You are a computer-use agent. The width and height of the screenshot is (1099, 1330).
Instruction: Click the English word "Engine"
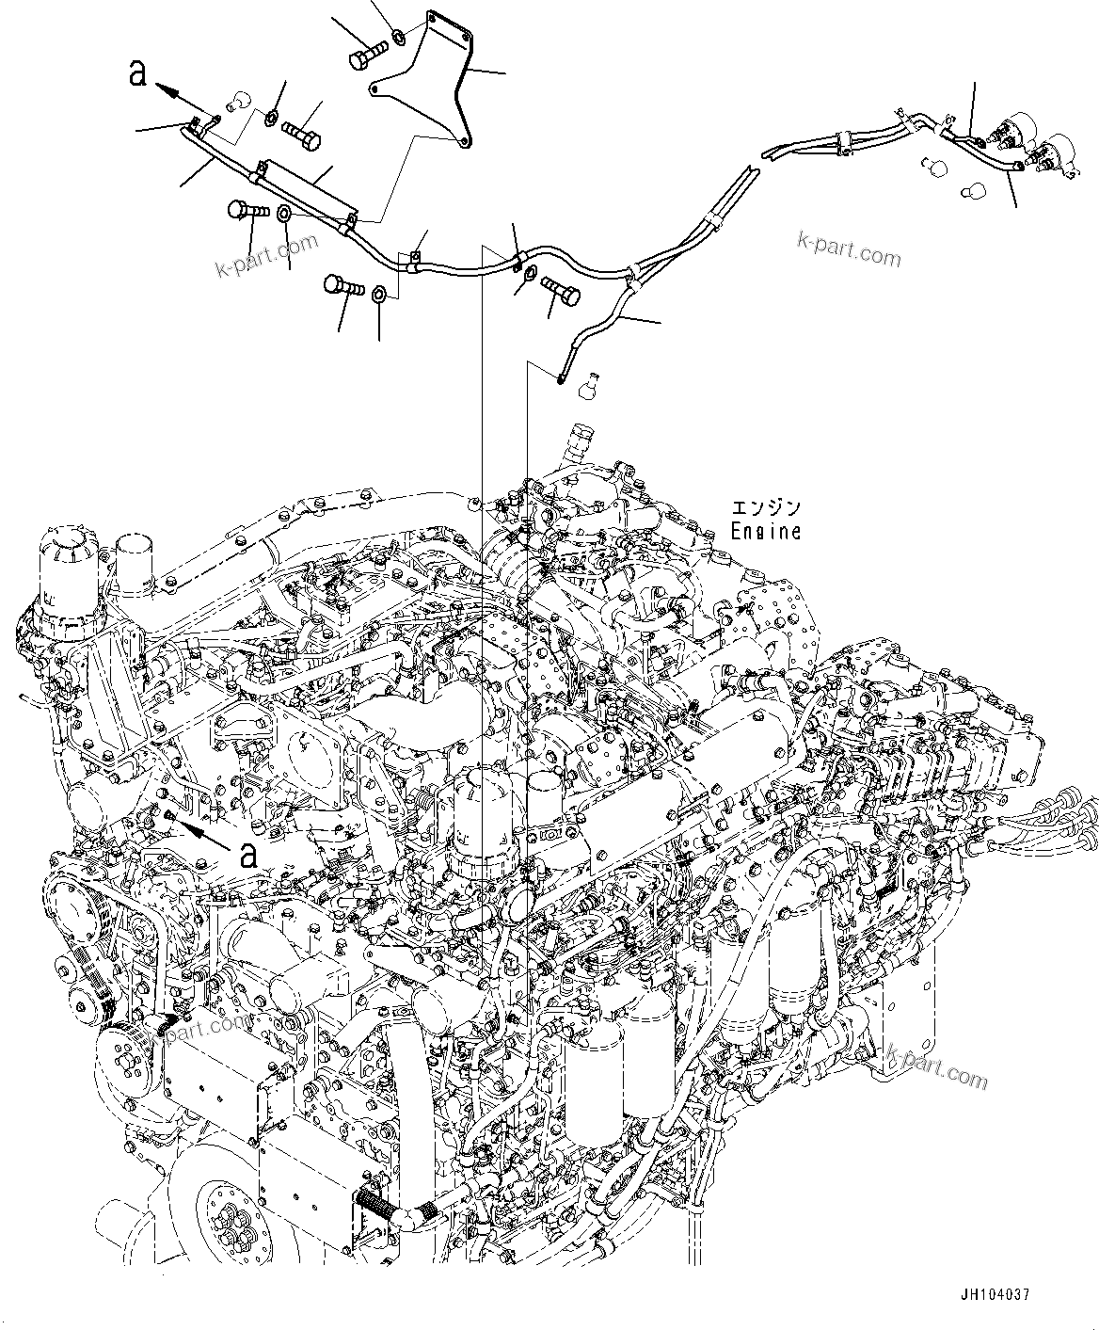point(767,532)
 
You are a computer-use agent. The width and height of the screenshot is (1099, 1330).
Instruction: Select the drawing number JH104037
point(995,1294)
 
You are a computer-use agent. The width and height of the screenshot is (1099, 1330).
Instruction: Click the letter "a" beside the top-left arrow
point(137,73)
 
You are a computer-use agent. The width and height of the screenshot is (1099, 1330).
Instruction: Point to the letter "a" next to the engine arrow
point(248,855)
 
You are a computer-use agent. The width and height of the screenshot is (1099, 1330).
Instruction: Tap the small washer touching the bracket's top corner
point(400,38)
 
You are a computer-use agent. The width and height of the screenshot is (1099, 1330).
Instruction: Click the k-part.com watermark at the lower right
point(936,1066)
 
